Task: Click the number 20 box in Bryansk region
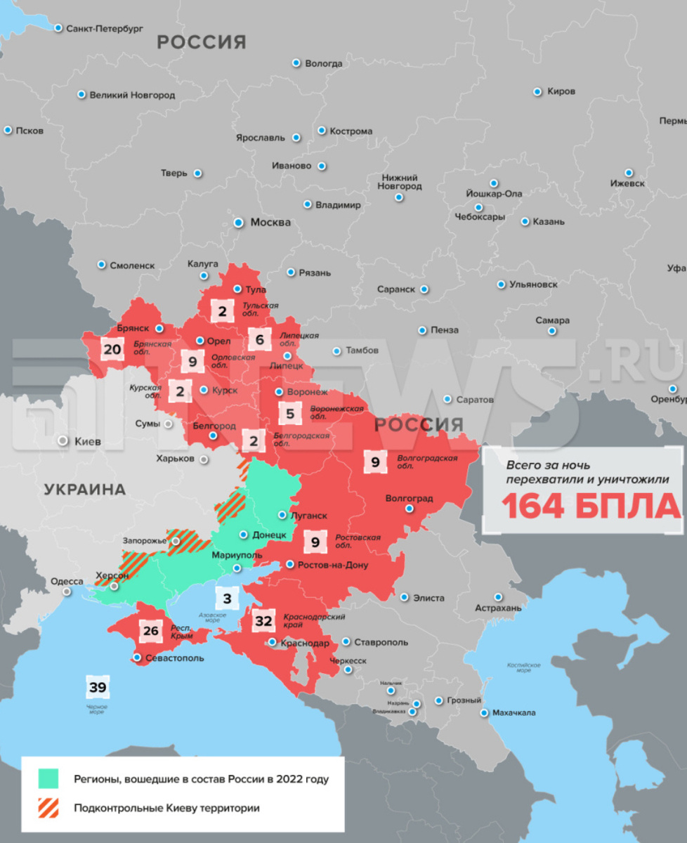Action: (112, 349)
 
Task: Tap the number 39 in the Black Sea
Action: (97, 687)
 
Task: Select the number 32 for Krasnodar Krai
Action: (263, 621)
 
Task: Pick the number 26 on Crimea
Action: (150, 630)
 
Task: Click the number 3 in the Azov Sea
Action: (227, 599)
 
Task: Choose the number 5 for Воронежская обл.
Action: (290, 414)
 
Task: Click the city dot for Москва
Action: (238, 222)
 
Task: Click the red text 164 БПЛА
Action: (590, 506)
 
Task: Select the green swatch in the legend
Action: (48, 778)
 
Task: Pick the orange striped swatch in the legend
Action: (48, 808)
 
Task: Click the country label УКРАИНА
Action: (84, 490)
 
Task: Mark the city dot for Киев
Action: (63, 441)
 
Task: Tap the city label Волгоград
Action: (409, 499)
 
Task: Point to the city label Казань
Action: (549, 221)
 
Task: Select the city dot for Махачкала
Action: (485, 712)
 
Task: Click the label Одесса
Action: (67, 582)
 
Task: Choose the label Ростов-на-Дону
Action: (332, 565)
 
